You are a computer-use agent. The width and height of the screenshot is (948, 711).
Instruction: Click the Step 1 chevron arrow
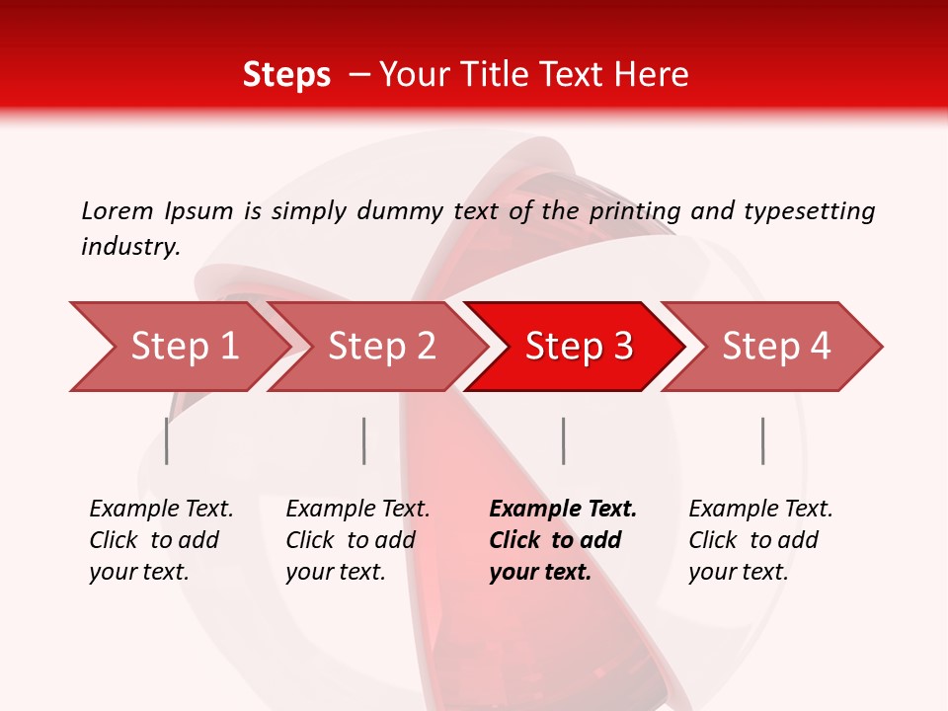pos(178,346)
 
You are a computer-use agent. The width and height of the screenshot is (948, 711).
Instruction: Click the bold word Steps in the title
pos(286,74)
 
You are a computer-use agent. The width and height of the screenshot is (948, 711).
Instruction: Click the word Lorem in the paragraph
pos(118,210)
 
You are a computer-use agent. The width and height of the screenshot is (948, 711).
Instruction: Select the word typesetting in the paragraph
pos(809,210)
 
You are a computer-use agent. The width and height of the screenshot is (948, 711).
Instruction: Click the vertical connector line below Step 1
pos(167,440)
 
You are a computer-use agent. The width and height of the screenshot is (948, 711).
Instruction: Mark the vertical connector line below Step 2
pos(364,440)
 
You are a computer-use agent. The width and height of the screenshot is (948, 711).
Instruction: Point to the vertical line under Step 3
pos(563,440)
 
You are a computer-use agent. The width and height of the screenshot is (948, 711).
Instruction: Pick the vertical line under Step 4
pos(762,440)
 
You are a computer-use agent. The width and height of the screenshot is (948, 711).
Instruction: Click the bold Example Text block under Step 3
pos(562,540)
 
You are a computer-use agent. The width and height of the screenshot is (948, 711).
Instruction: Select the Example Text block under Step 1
pos(160,540)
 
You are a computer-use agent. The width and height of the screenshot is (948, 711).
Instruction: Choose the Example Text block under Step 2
pos(356,540)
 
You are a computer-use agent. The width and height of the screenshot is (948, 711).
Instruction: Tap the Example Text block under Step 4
pos(759,540)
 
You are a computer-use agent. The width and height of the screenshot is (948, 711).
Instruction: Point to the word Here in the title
pos(655,74)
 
